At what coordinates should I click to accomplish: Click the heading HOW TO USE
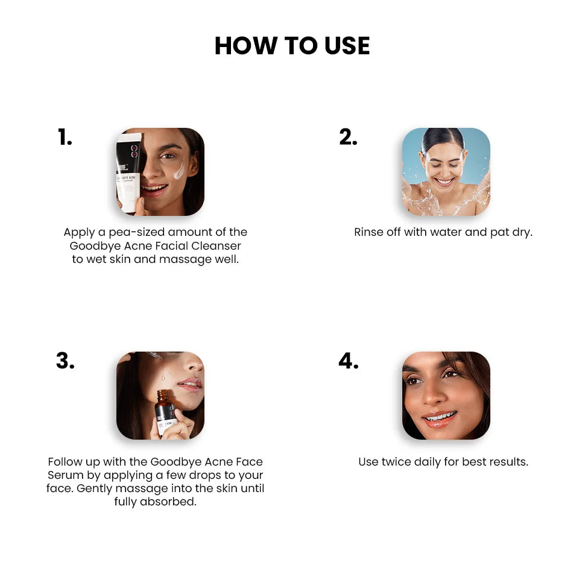pyautogui.click(x=292, y=45)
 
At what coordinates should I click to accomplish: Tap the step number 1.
pyautogui.click(x=65, y=137)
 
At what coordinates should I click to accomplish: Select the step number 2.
pyautogui.click(x=348, y=137)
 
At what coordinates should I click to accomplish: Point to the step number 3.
pyautogui.click(x=65, y=361)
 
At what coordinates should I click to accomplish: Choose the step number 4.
pyautogui.click(x=349, y=361)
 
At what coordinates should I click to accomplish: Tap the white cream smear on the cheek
pyautogui.click(x=180, y=169)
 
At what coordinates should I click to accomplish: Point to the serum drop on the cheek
pyautogui.click(x=163, y=378)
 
